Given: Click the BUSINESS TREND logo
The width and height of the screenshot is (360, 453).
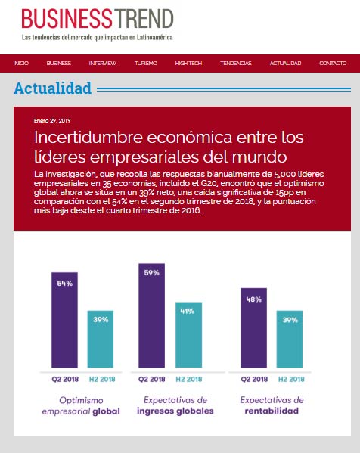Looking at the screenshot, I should (97, 20).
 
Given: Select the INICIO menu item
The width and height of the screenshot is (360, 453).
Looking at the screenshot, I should (20, 63).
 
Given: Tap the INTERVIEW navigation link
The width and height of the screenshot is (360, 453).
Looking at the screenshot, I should (102, 63).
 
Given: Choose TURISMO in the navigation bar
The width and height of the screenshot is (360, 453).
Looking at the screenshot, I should (145, 63).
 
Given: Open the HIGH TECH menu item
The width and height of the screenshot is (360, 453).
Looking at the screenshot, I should (188, 63).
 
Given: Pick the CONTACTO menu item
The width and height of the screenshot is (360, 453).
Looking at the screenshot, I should (333, 63).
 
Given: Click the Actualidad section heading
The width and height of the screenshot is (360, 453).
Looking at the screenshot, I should (52, 88).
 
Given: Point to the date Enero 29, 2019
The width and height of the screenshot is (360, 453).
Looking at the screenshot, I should (52, 120).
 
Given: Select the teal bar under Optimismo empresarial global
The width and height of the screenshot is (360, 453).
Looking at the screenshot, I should (100, 340).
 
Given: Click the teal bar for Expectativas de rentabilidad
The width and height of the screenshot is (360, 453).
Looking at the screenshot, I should (289, 340).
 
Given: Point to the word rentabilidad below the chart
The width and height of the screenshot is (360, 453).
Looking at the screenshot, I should (272, 411).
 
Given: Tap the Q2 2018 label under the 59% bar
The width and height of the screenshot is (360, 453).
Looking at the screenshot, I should (152, 379).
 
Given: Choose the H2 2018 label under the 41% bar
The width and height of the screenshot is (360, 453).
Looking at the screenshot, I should (188, 379).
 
